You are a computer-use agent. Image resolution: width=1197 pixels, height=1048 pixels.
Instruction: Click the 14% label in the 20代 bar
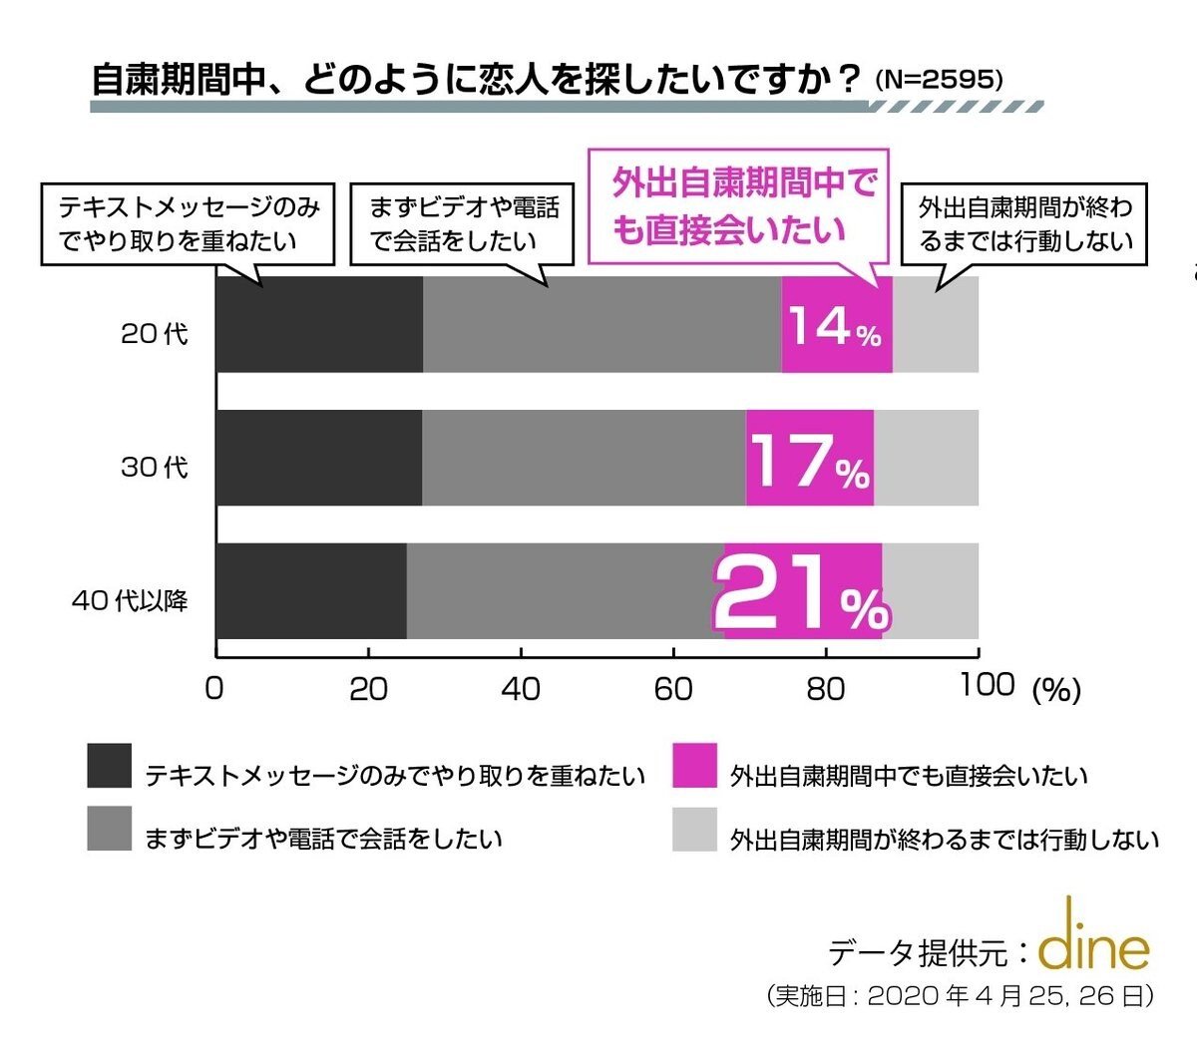tap(835, 326)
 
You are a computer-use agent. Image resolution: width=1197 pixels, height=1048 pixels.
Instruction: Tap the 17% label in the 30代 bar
tap(809, 461)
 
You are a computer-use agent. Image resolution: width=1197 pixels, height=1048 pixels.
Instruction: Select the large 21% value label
tap(800, 595)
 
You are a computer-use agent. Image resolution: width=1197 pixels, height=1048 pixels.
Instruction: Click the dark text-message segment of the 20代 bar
tap(319, 325)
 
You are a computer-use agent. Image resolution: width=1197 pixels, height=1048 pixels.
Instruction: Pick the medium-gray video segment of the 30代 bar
tap(584, 458)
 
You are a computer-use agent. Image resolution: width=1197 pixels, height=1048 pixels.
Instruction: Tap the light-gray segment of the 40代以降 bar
tap(930, 591)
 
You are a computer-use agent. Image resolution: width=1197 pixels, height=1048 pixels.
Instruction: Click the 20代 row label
tap(154, 334)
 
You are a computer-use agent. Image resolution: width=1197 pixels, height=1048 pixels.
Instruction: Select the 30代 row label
tap(154, 467)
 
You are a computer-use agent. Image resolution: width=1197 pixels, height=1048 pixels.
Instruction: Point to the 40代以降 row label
tap(130, 601)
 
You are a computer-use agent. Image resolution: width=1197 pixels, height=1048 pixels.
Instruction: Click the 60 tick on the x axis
tap(673, 689)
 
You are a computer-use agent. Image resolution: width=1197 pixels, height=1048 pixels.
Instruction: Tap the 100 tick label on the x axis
tap(987, 685)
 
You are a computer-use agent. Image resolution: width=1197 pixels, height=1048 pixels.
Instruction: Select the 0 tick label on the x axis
tap(213, 689)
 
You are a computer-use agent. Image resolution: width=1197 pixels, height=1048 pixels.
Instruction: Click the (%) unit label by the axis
tap(1056, 690)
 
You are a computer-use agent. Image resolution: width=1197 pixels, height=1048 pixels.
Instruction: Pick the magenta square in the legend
tap(694, 766)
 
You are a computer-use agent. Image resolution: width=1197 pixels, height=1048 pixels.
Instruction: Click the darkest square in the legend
tap(110, 766)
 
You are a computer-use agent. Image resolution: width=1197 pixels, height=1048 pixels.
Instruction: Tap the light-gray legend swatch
tap(694, 830)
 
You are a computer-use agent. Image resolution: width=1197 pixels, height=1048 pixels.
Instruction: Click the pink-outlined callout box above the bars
tap(738, 207)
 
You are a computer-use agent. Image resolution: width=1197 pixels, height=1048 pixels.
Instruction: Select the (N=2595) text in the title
tap(939, 81)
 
